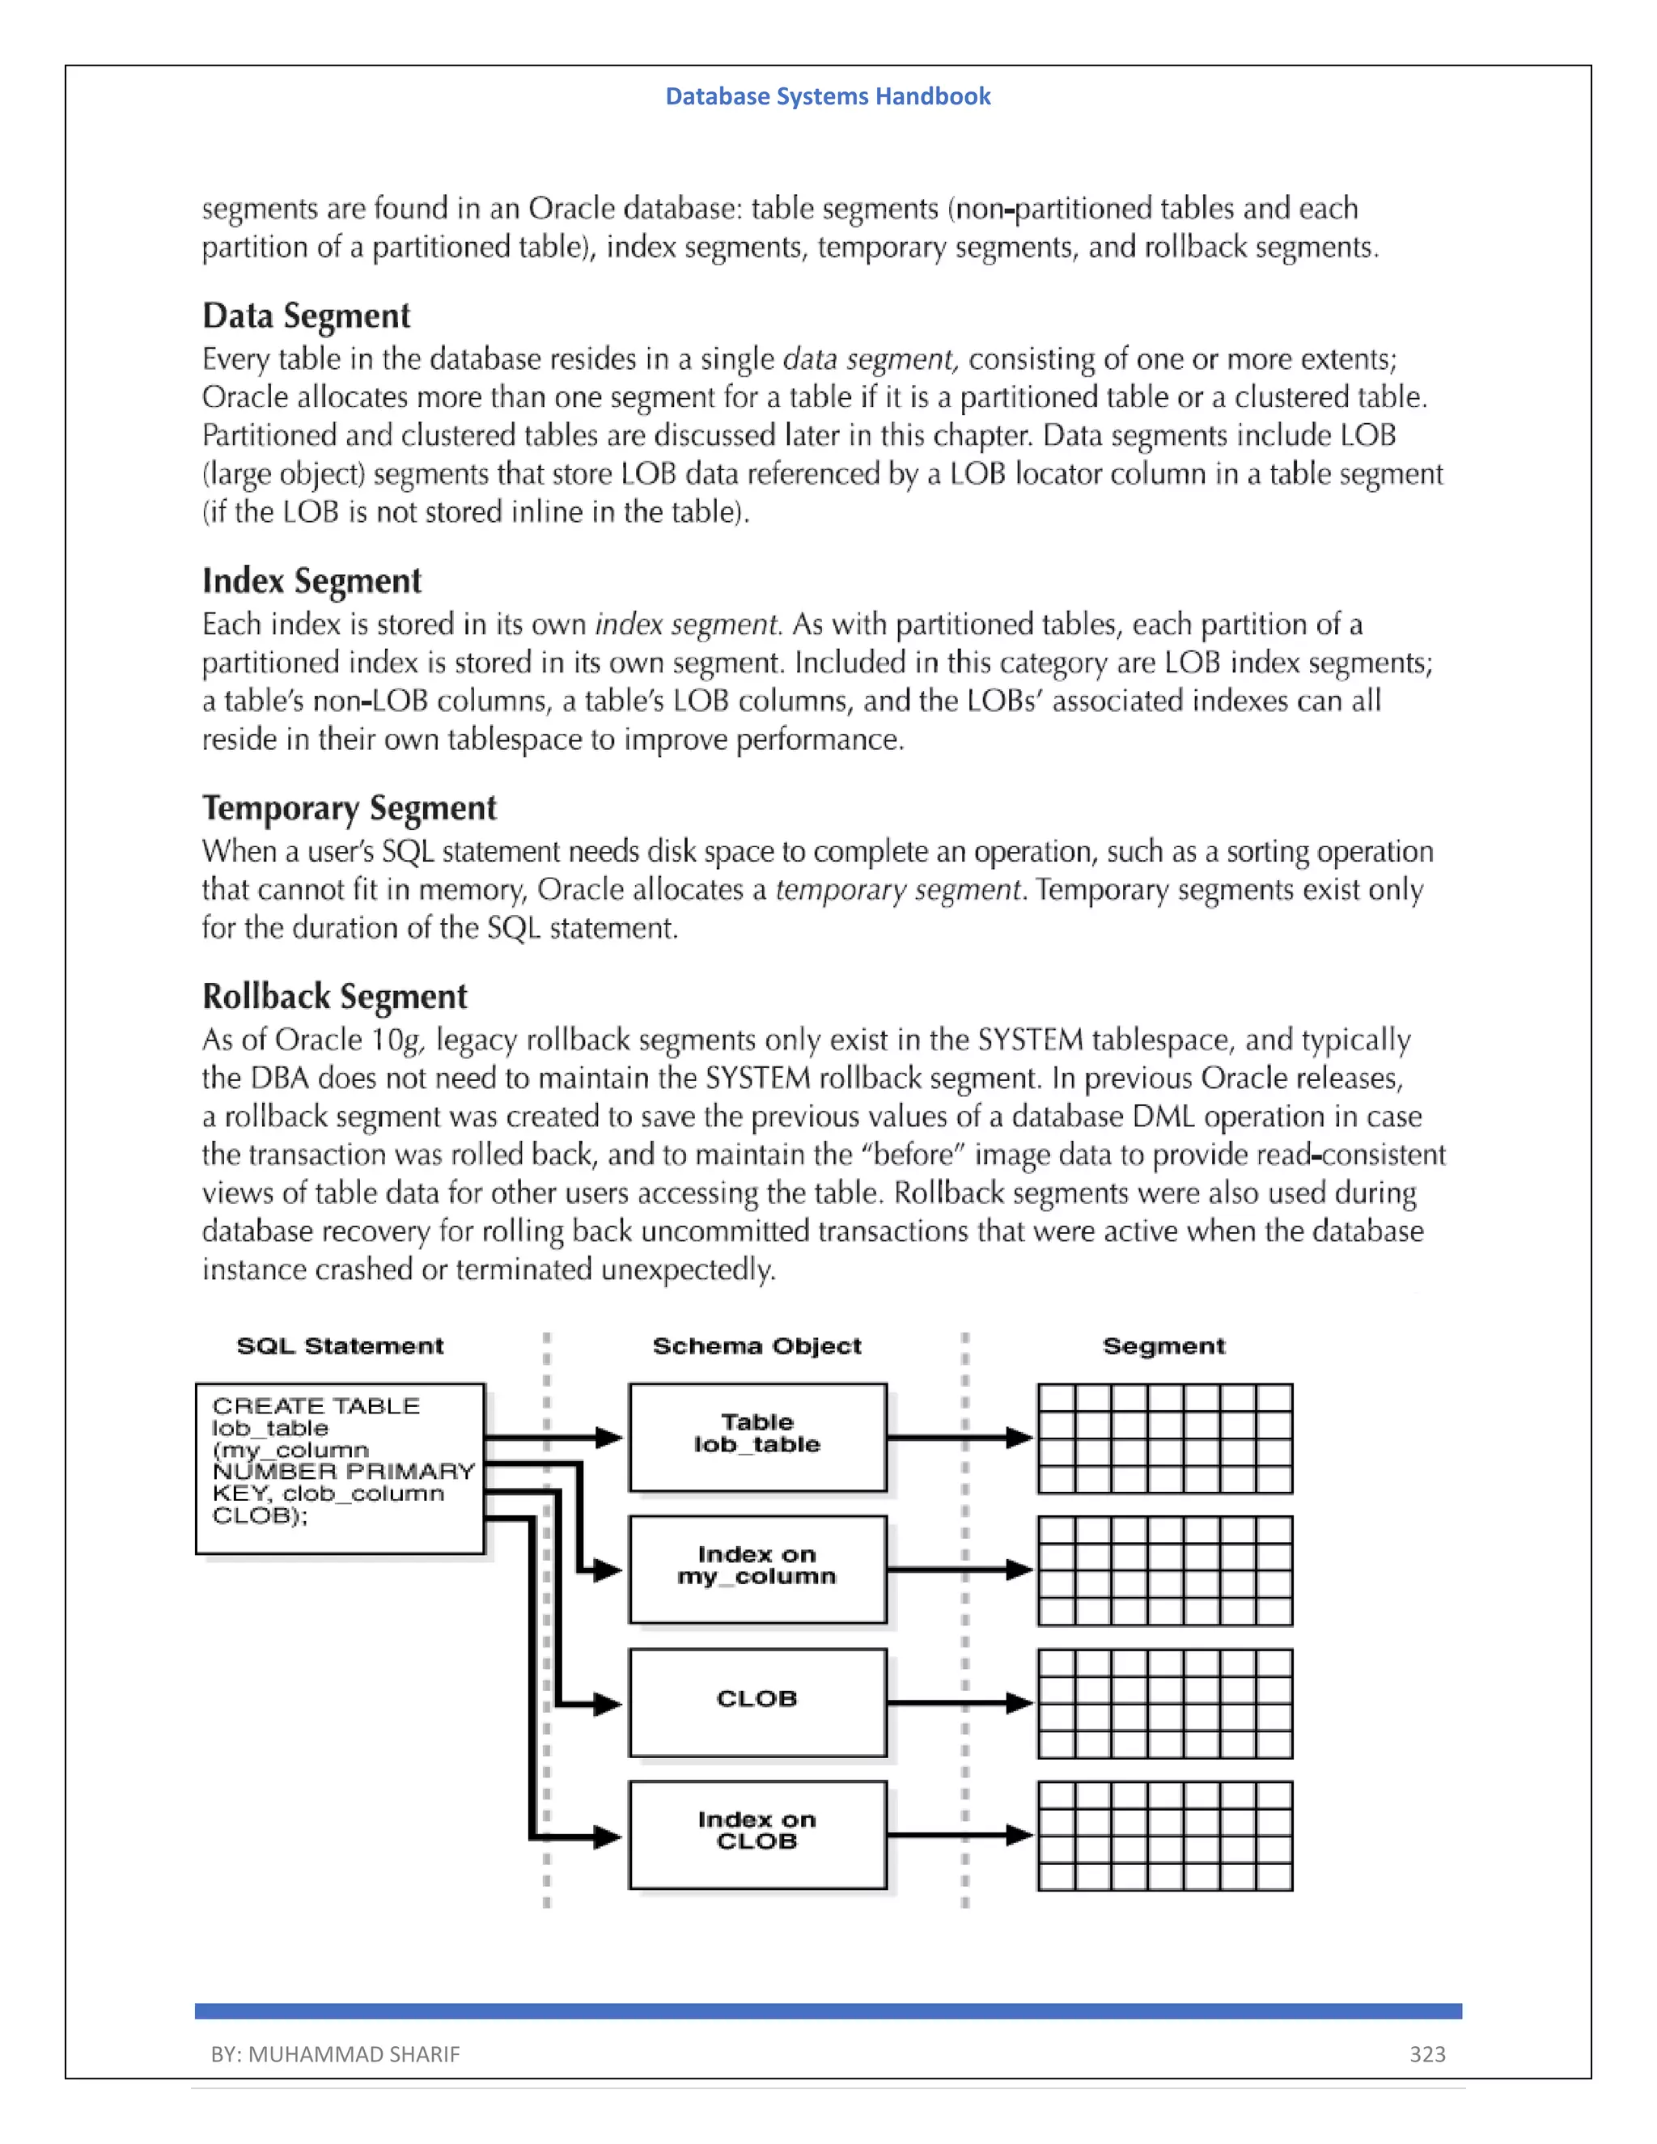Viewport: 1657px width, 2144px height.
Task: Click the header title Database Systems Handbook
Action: pos(828,96)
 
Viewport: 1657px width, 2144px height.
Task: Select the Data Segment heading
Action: pos(307,316)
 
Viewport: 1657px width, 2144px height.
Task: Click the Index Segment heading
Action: pos(311,581)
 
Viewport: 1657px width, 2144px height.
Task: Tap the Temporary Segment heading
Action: pos(350,808)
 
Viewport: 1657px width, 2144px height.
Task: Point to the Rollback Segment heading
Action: pos(335,997)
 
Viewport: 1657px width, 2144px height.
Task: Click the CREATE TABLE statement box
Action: pos(340,1468)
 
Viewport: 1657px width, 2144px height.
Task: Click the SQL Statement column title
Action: pos(340,1346)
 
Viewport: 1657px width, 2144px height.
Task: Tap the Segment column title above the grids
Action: pos(1163,1346)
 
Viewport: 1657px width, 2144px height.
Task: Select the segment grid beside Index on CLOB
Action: pos(1164,1836)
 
